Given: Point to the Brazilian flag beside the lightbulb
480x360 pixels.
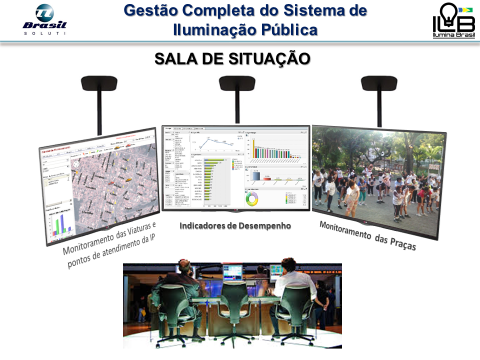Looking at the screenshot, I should tap(466, 9).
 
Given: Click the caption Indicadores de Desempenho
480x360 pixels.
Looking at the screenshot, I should tap(235, 225).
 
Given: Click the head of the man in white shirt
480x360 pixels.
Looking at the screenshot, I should tap(287, 264).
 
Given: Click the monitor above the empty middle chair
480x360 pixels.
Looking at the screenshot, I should tap(232, 271).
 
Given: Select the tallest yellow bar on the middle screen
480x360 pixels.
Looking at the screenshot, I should tap(253, 147).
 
